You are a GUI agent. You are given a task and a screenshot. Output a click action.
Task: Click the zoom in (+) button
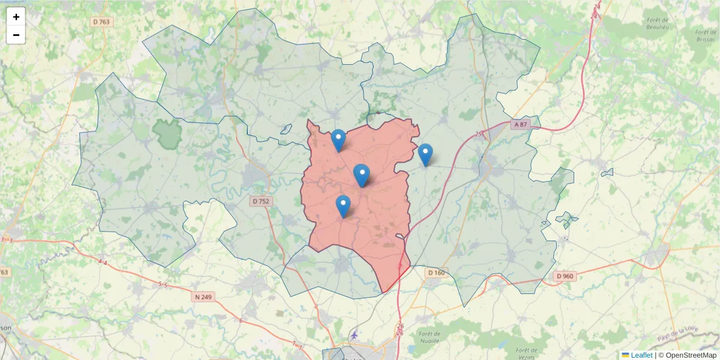(16, 17)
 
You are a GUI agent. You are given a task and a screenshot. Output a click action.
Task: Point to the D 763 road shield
(102, 22)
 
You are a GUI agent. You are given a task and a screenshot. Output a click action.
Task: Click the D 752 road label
(260, 202)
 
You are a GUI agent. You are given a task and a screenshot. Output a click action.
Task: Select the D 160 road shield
(436, 273)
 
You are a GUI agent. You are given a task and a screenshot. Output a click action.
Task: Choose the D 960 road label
(565, 276)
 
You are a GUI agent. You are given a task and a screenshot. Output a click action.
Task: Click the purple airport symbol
(355, 334)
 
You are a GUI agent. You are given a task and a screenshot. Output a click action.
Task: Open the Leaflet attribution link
(641, 355)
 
